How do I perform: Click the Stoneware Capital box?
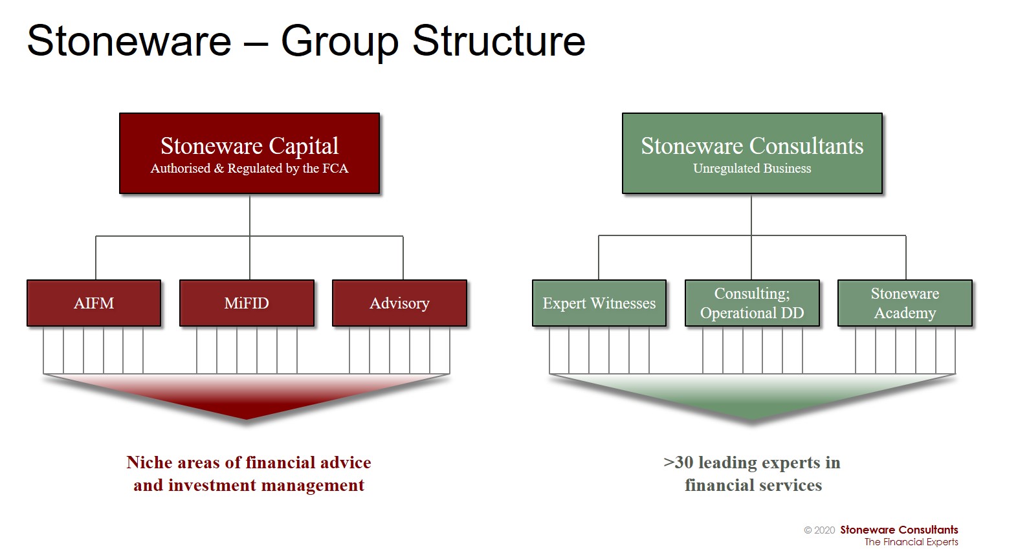(x=250, y=153)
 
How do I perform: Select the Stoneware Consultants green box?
(x=752, y=153)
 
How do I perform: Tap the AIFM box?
(x=94, y=303)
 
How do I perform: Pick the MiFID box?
(x=247, y=303)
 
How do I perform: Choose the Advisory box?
(x=399, y=303)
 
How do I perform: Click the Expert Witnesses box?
(x=599, y=303)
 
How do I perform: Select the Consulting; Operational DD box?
(x=752, y=303)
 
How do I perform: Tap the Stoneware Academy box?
(x=905, y=303)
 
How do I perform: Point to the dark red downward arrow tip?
(x=247, y=418)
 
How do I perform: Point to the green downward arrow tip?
(x=752, y=420)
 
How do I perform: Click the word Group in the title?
(x=340, y=42)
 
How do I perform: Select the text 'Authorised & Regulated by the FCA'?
(x=250, y=168)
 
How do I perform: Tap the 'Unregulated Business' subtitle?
(x=752, y=168)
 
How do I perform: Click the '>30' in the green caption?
(x=678, y=462)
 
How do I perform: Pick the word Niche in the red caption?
(x=149, y=462)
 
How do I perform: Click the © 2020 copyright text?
(x=819, y=530)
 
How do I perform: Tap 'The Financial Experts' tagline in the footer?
(x=911, y=541)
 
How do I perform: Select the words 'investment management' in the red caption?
(x=267, y=485)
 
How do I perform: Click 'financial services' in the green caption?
(x=753, y=485)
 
